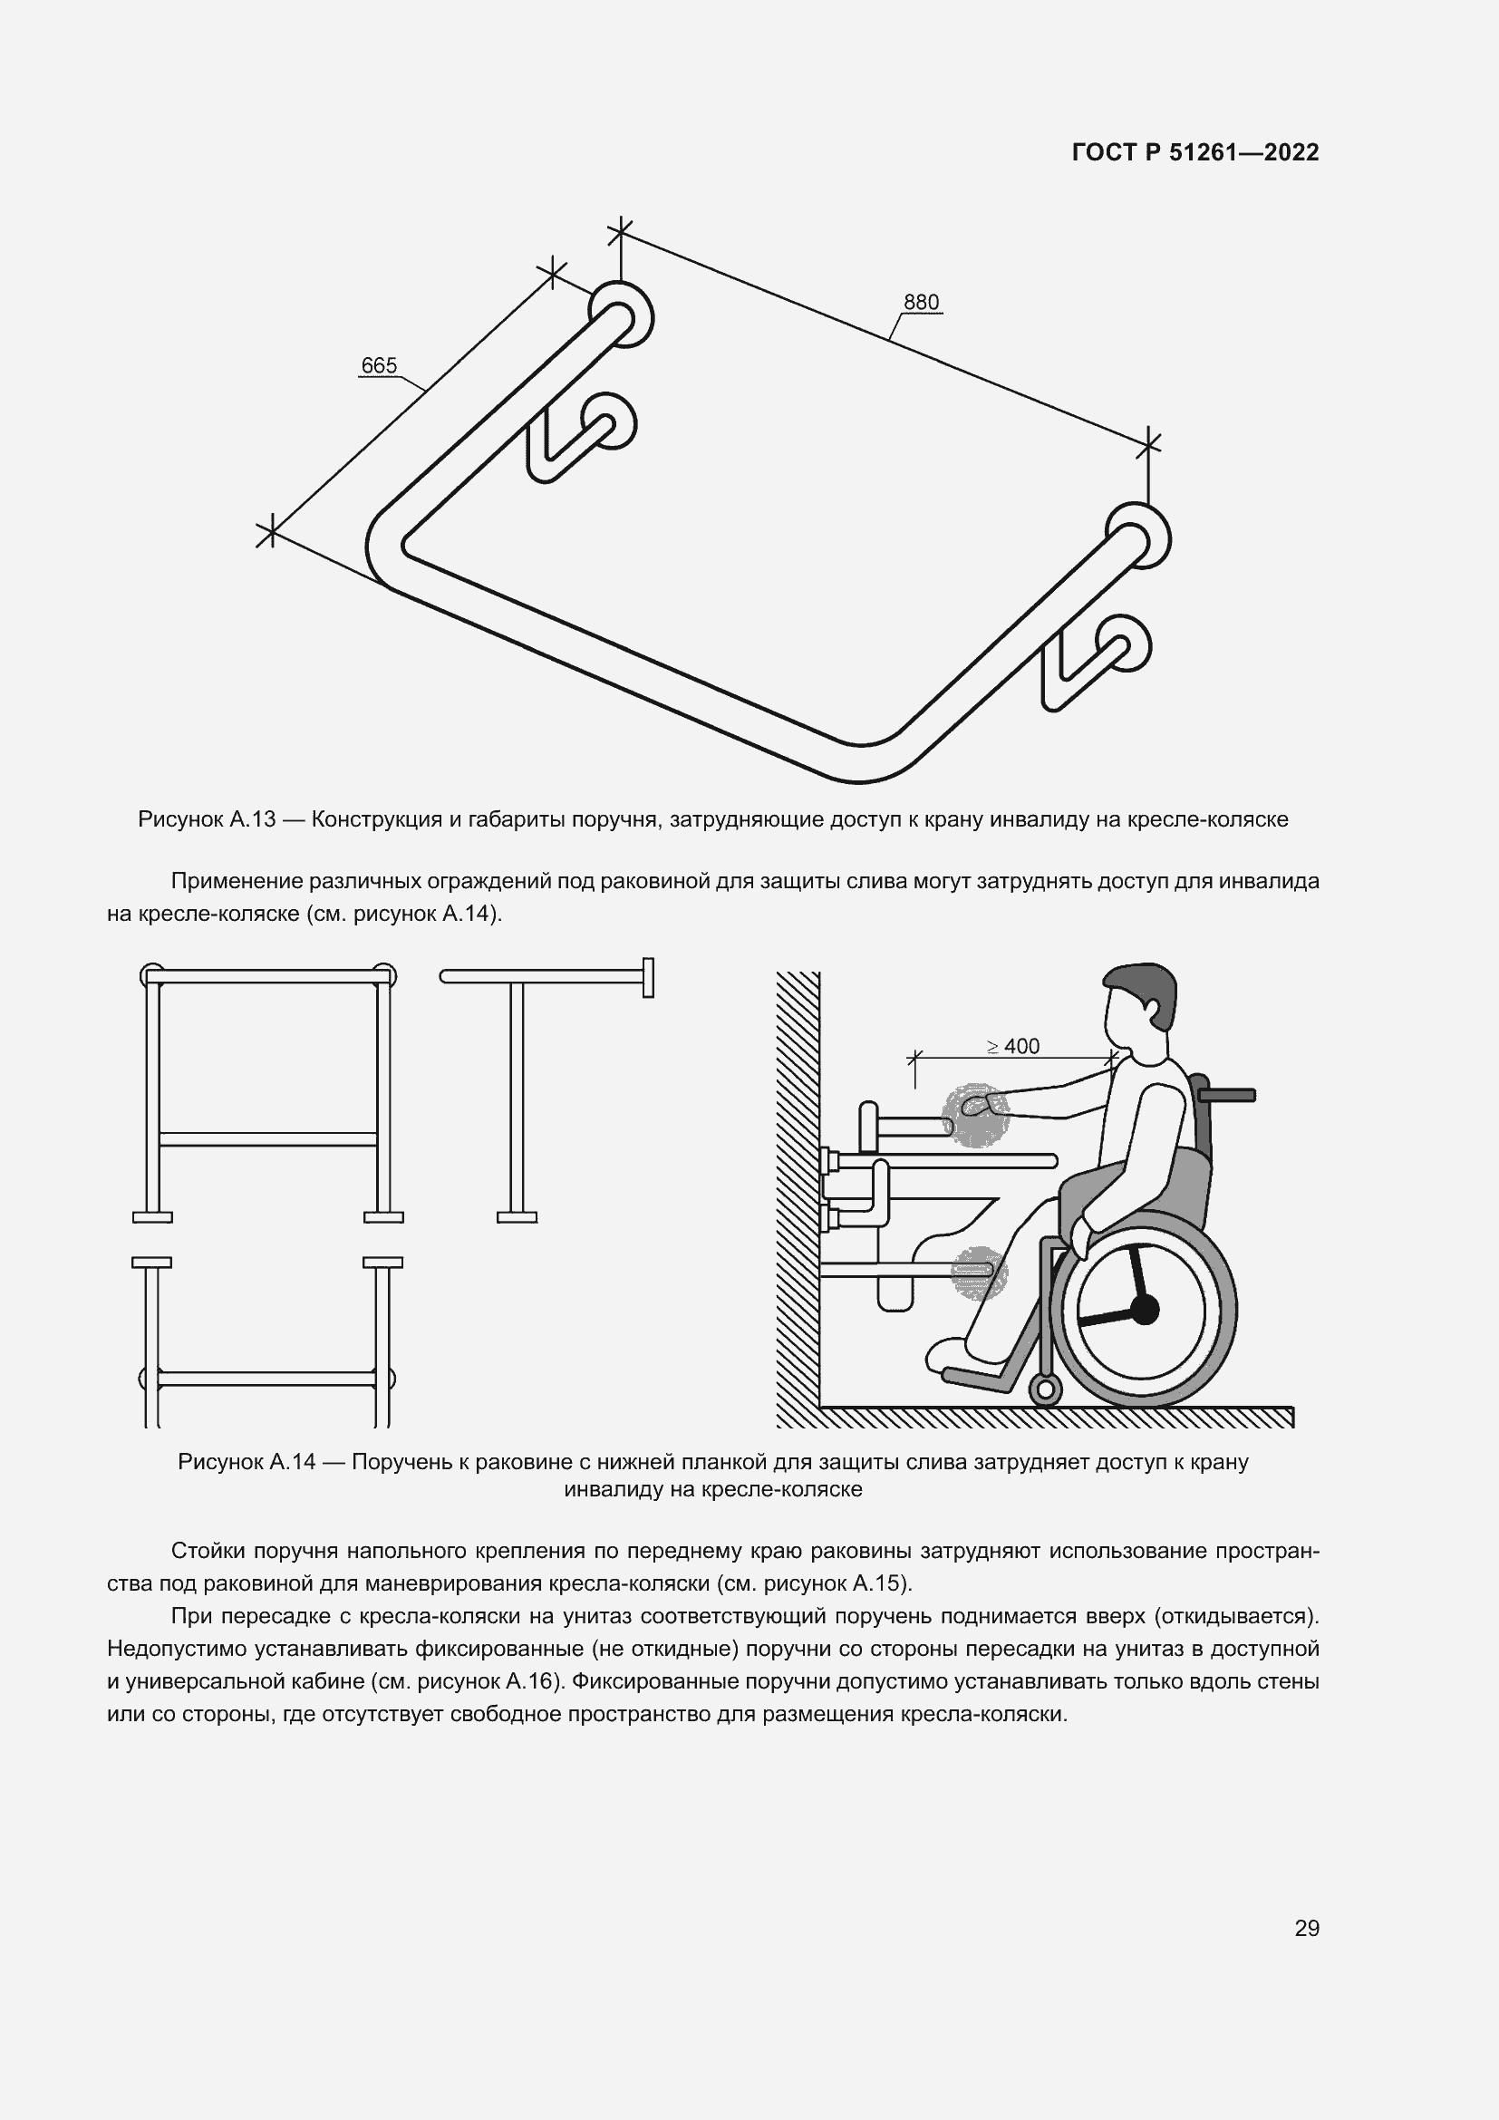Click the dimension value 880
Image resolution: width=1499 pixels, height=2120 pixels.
click(x=920, y=302)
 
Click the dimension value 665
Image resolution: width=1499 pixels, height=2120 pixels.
click(x=379, y=365)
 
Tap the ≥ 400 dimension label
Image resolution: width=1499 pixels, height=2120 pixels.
click(x=1012, y=1046)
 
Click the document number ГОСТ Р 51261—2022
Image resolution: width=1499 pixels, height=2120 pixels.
click(x=1195, y=152)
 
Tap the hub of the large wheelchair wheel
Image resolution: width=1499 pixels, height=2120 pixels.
click(x=1144, y=1310)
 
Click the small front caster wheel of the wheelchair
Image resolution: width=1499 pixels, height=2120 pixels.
click(x=1045, y=1388)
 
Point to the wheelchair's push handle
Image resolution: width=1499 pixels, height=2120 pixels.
click(x=1227, y=1095)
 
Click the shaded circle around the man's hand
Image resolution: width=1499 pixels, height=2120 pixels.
click(x=976, y=1116)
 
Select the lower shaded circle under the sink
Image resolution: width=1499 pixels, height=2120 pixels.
click(x=979, y=1273)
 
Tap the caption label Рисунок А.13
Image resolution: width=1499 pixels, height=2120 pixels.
click(x=207, y=819)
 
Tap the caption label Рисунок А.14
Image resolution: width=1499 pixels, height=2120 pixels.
click(x=247, y=1462)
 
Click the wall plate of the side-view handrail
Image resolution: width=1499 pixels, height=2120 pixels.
click(x=648, y=977)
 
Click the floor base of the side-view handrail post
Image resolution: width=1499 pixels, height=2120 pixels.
click(x=517, y=1217)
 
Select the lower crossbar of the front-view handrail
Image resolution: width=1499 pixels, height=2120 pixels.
click(x=268, y=1139)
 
